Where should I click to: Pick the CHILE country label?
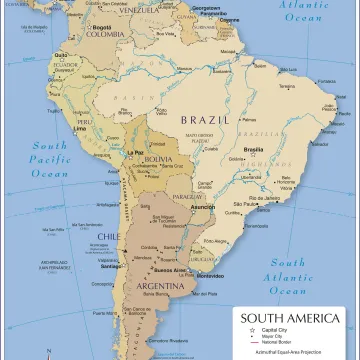109,237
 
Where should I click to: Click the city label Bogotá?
101,26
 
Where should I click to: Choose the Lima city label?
82,131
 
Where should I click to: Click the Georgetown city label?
206,7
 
